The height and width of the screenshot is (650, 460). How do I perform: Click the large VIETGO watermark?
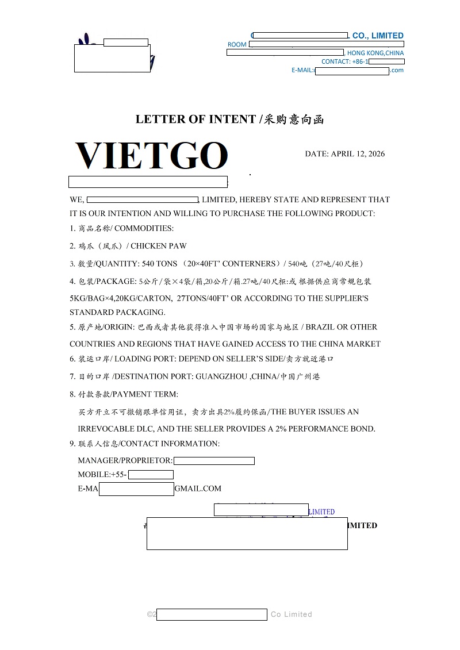click(151, 155)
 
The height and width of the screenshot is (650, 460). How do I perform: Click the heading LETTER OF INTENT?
click(195, 120)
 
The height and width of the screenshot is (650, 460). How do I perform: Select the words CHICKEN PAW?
click(159, 246)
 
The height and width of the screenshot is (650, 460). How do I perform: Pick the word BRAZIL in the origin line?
click(320, 327)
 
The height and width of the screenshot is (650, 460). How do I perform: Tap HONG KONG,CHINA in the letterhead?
click(375, 53)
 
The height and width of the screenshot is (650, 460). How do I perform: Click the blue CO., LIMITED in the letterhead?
click(378, 36)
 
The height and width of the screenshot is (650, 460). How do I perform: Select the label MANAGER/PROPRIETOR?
click(125, 460)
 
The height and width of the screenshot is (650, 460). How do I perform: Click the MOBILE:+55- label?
click(102, 475)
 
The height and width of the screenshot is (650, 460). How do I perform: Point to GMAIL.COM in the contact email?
click(198, 489)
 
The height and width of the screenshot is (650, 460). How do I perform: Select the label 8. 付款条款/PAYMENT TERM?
click(124, 394)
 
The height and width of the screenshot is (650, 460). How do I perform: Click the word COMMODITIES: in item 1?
click(144, 228)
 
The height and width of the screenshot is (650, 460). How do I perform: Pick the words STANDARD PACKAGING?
click(117, 313)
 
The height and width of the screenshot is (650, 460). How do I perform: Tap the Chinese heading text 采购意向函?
click(294, 120)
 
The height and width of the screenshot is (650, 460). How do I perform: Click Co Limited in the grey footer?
click(292, 614)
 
